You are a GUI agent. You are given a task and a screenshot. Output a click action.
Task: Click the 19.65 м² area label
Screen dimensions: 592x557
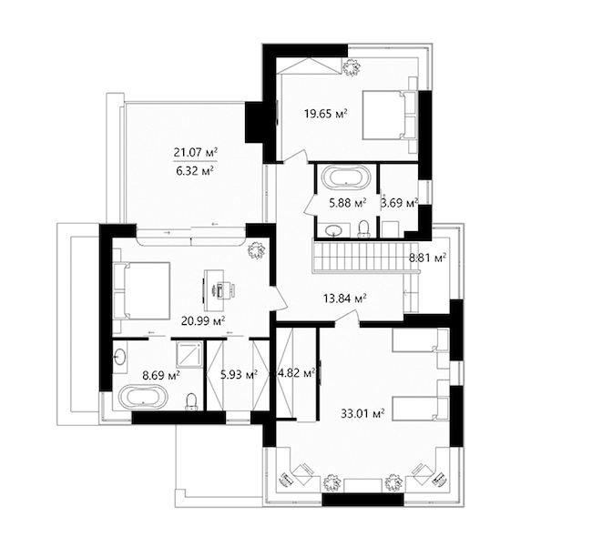pos(326,113)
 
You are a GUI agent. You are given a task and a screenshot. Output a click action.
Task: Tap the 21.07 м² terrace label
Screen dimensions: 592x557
pos(196,152)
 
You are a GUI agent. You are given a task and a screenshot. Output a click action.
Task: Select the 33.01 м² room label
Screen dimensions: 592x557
pos(362,413)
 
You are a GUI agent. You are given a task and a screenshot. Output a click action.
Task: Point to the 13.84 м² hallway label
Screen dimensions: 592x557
pos(345,299)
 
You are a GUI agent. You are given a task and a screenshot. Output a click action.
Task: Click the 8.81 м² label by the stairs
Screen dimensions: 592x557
pos(428,258)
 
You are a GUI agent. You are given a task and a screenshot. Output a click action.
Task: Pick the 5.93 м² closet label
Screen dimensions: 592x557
pos(239,375)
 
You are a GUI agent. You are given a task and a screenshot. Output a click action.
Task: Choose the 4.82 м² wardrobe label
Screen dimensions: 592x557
pos(297,373)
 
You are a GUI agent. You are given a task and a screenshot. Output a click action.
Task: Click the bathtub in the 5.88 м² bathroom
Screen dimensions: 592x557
pos(346,177)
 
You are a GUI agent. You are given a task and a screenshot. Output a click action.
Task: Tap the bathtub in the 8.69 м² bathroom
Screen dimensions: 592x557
pos(143,397)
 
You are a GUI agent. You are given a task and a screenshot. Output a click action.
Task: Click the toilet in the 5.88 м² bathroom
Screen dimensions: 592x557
pos(363,229)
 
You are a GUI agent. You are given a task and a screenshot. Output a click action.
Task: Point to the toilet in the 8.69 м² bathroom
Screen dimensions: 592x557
pos(192,402)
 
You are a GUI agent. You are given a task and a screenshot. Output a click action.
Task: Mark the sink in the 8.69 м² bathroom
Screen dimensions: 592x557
pos(120,357)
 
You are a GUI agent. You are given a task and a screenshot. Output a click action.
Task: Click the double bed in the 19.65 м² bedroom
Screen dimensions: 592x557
pos(390,115)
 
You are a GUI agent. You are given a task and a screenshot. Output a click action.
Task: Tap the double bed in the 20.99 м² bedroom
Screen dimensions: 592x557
pos(141,291)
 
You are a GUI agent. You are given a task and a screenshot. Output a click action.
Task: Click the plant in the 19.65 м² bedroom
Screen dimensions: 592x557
pos(352,67)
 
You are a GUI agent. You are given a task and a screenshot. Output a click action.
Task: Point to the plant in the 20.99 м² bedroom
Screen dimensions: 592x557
pos(256,250)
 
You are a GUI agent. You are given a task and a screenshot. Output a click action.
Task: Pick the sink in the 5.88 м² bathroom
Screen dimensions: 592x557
pos(333,230)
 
